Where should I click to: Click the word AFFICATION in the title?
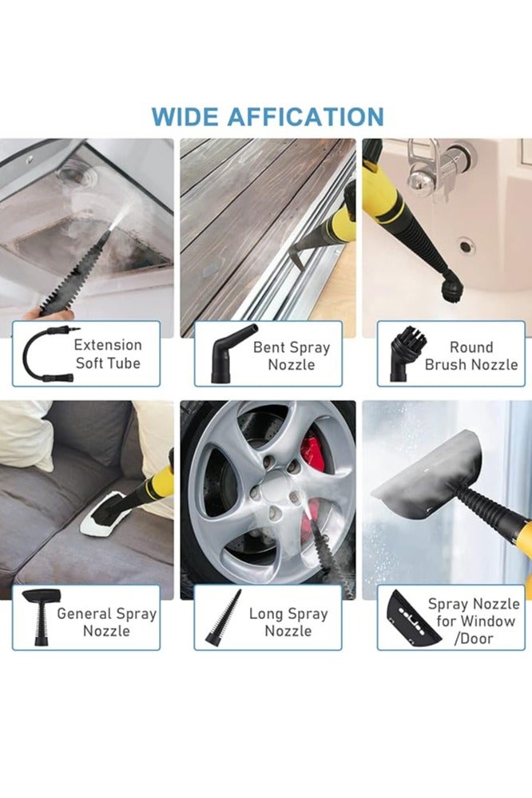click(x=305, y=116)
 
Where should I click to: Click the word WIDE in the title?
click(x=185, y=116)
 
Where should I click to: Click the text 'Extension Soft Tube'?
click(x=108, y=354)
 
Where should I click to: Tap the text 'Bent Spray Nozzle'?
click(x=291, y=355)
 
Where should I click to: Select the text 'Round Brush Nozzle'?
click(x=470, y=355)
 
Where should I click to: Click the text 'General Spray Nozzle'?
click(x=106, y=621)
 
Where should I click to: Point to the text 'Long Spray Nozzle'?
click(x=288, y=621)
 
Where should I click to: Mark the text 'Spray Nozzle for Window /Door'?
click(x=473, y=621)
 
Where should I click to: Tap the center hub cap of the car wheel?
click(x=275, y=485)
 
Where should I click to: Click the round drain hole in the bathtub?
click(x=466, y=247)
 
